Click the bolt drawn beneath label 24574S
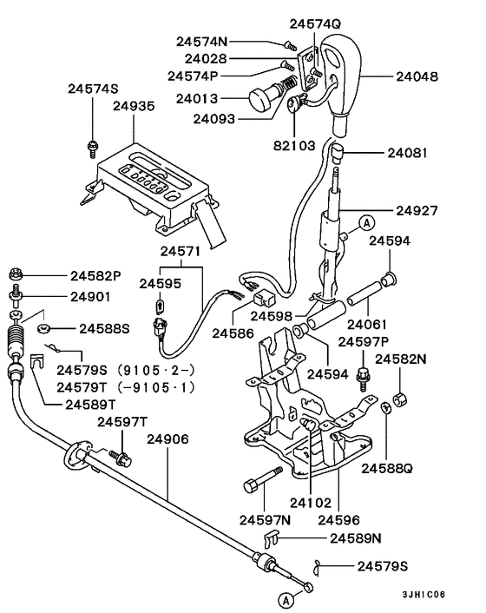coord(90,147)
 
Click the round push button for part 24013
coord(263,100)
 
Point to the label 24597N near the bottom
coord(265,519)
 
